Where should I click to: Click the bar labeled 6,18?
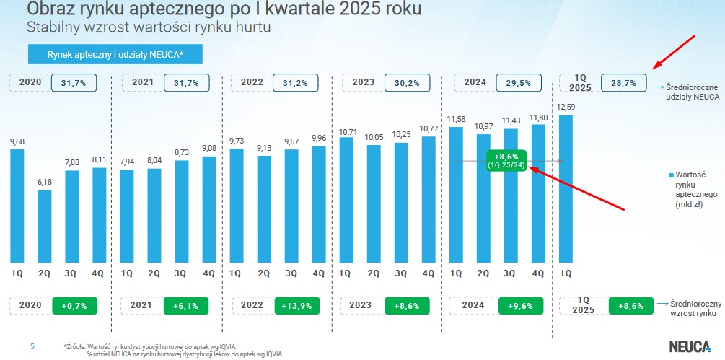(45, 225)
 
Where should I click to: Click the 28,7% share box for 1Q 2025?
(623, 83)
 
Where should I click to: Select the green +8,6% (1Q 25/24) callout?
(507, 159)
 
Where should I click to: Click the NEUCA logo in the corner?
(688, 346)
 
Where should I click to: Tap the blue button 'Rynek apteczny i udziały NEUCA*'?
(115, 55)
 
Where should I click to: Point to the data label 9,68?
(17, 141)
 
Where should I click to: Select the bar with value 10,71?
(346, 198)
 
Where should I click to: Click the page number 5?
(32, 347)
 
